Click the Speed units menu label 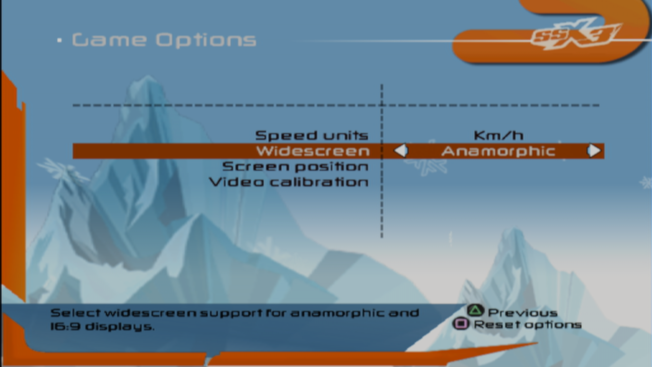click(x=311, y=136)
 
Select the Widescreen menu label click(x=313, y=151)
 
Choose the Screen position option click(x=295, y=167)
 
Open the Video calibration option click(x=289, y=182)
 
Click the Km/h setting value click(x=498, y=136)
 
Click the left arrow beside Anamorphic click(x=401, y=151)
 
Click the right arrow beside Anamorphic click(x=594, y=151)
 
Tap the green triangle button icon click(x=475, y=311)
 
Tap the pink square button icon click(x=461, y=324)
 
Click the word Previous click(x=522, y=313)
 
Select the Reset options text click(x=527, y=325)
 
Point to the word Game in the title click(x=109, y=40)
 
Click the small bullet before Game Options click(x=60, y=41)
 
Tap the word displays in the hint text click(x=119, y=327)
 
